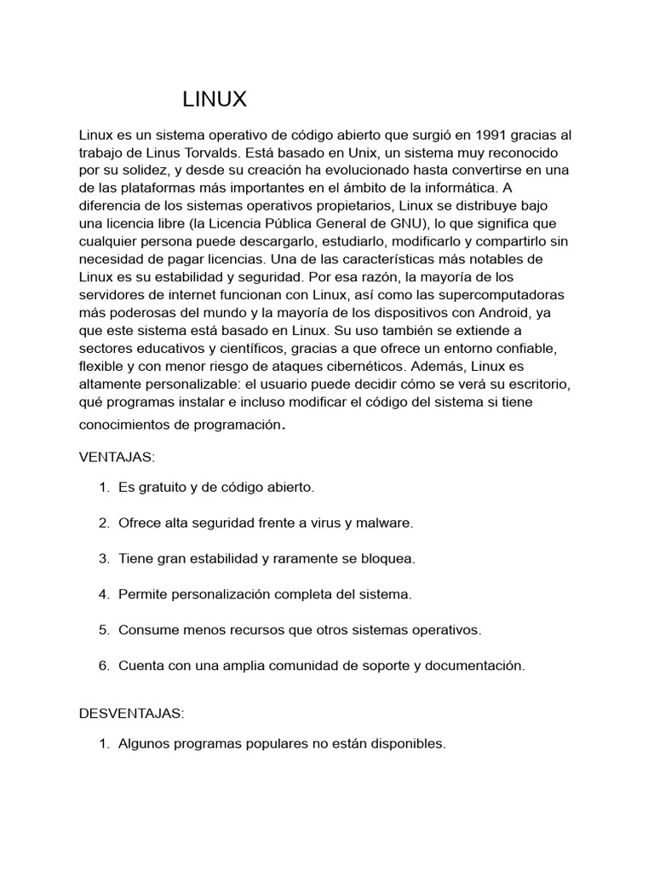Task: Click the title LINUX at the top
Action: click(215, 100)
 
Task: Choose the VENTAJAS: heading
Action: click(118, 458)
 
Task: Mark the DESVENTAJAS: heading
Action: click(132, 713)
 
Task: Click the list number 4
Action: click(103, 594)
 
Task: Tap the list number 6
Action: click(103, 666)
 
